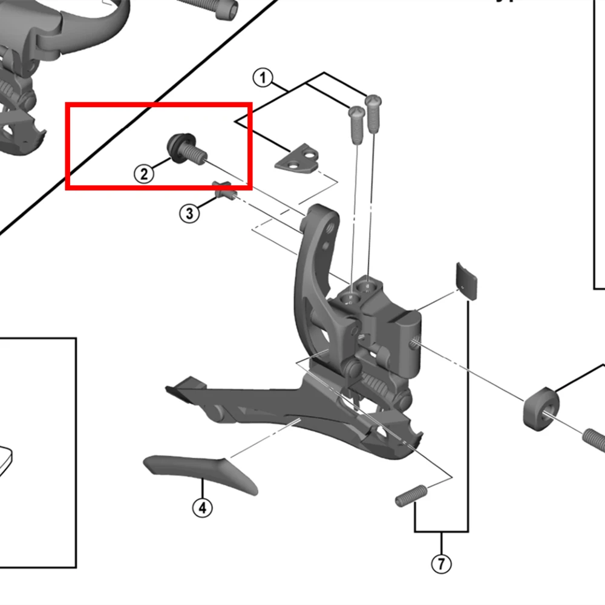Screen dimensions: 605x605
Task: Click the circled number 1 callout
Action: pos(261,78)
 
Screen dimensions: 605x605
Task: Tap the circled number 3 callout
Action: pos(189,213)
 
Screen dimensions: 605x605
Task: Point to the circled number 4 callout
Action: pos(202,508)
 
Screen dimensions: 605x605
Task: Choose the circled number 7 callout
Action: pos(441,564)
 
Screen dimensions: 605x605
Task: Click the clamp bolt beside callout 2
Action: pos(183,149)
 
